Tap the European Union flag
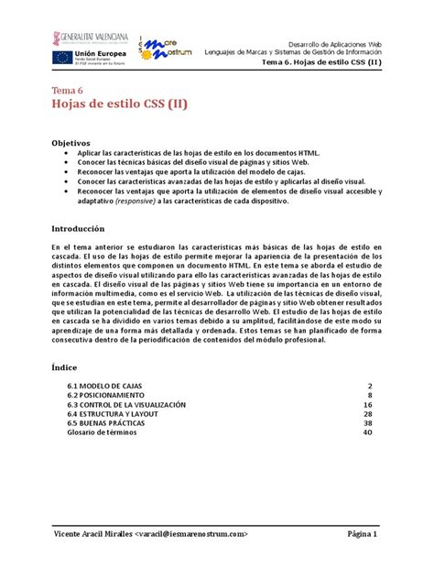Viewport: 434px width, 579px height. coord(63,58)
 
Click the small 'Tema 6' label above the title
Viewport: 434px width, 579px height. coord(67,91)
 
